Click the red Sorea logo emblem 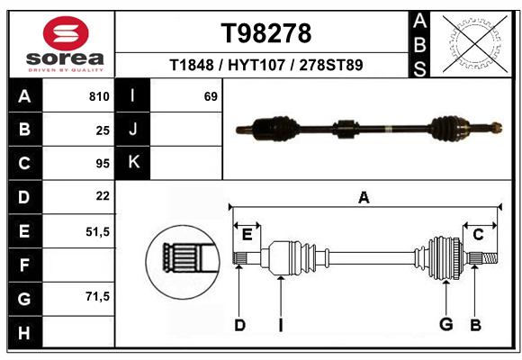(66, 33)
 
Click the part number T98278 (266, 33)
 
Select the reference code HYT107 (256, 65)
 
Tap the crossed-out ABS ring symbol (475, 44)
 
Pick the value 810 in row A (99, 96)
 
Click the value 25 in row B (103, 130)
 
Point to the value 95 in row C (103, 164)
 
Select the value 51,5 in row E (97, 231)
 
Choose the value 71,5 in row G (97, 296)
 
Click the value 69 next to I (211, 96)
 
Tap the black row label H (25, 332)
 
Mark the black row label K (133, 162)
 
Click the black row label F (25, 265)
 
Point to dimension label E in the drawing (247, 235)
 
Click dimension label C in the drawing (478, 235)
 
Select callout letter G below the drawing (446, 324)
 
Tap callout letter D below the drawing (239, 325)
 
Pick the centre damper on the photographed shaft (346, 129)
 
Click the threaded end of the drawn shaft (490, 258)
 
